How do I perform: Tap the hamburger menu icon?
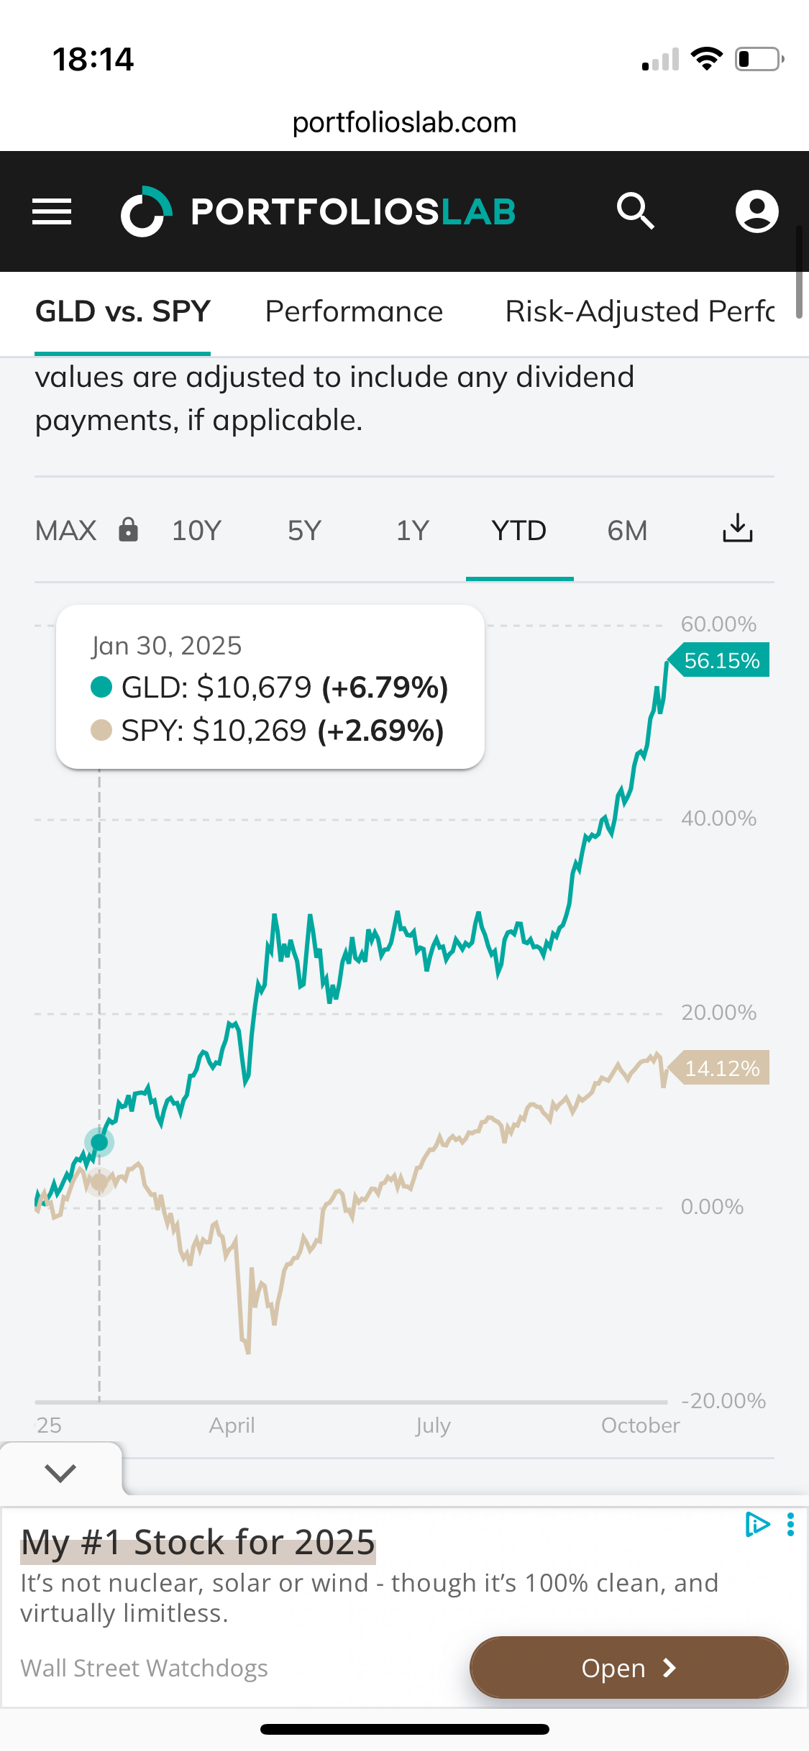point(52,211)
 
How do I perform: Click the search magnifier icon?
point(635,211)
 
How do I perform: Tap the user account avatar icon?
point(757,211)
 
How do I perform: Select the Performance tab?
point(354,312)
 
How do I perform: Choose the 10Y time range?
point(196,531)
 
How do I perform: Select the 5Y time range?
point(304,531)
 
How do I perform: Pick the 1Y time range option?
point(412,531)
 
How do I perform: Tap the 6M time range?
point(627,531)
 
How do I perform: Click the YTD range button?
point(519,531)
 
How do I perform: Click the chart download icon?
point(737,529)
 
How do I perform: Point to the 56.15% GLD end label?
point(721,660)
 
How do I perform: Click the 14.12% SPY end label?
point(721,1068)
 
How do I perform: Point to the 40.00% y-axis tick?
point(718,818)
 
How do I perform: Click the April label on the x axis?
point(232,1425)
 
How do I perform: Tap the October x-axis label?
point(640,1425)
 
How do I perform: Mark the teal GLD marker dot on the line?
point(99,1142)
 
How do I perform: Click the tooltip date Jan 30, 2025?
point(167,646)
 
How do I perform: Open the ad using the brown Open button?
point(629,1668)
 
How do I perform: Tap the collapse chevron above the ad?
point(60,1473)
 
